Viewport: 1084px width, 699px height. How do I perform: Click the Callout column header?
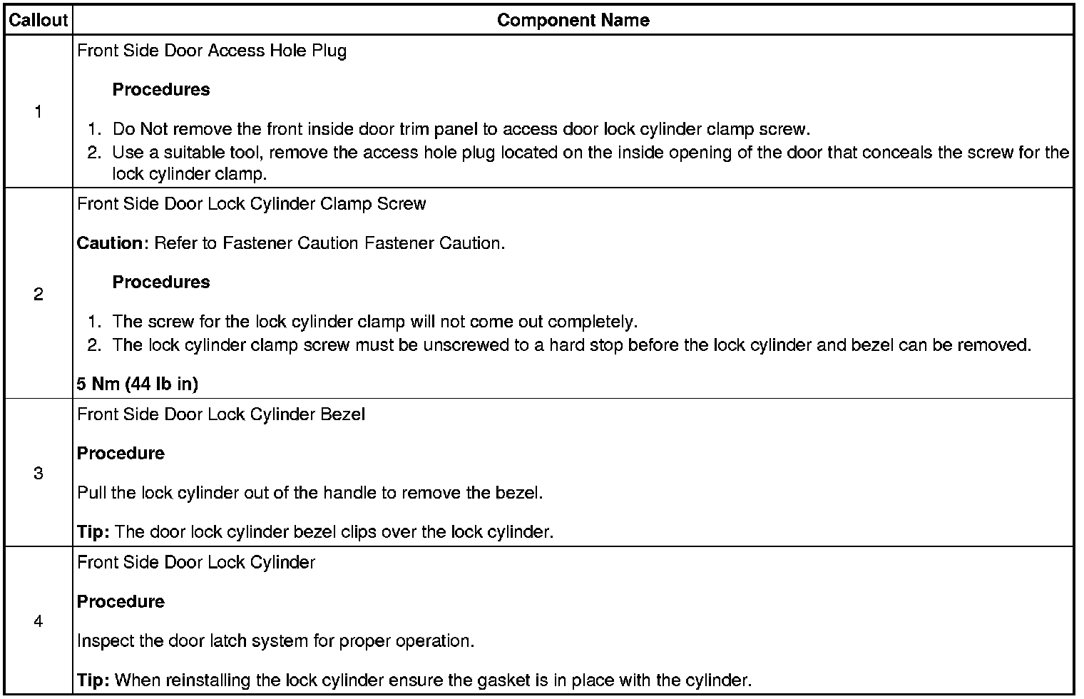pyautogui.click(x=38, y=20)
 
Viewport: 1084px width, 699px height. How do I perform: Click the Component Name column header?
pyautogui.click(x=573, y=20)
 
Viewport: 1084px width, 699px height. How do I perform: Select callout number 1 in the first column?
pyautogui.click(x=38, y=112)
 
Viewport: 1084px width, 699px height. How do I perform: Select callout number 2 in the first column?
pyautogui.click(x=38, y=294)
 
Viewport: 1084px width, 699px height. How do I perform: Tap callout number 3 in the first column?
pyautogui.click(x=38, y=473)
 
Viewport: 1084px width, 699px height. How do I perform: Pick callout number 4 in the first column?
pyautogui.click(x=38, y=621)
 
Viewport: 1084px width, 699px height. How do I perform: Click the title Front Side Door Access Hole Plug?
pyautogui.click(x=212, y=51)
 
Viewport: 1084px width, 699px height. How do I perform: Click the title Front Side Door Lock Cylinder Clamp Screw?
pyautogui.click(x=251, y=204)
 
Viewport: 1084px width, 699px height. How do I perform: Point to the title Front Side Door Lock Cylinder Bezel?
pyautogui.click(x=221, y=414)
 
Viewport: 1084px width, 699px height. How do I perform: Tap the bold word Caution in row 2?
pyautogui.click(x=110, y=243)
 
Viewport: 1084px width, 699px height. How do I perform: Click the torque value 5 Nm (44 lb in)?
pyautogui.click(x=137, y=384)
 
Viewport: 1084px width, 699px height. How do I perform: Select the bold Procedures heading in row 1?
pyautogui.click(x=161, y=90)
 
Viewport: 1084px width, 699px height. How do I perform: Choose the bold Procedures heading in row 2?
pyautogui.click(x=161, y=282)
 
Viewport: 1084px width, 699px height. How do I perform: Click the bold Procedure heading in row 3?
pyautogui.click(x=121, y=454)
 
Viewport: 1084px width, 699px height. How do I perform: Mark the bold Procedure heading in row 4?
pyautogui.click(x=121, y=602)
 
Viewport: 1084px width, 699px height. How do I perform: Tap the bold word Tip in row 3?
pyautogui.click(x=91, y=532)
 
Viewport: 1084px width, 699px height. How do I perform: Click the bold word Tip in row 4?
pyautogui.click(x=91, y=680)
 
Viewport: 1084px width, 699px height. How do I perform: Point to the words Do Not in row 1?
pyautogui.click(x=140, y=130)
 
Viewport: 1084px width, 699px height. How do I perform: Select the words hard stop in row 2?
pyautogui.click(x=578, y=345)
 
